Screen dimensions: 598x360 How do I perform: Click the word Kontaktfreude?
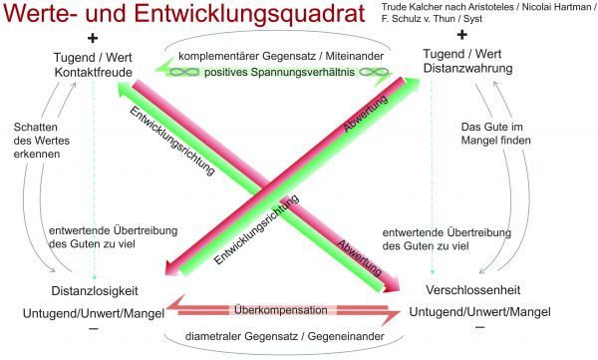pos(93,72)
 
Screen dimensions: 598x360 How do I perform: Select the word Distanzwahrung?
pos(468,69)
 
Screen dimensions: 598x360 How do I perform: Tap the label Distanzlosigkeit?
pos(95,291)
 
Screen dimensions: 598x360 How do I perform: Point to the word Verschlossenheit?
pos(472,290)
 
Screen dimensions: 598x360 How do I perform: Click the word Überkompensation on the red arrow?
pos(281,309)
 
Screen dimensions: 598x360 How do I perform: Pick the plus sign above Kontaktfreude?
pos(93,38)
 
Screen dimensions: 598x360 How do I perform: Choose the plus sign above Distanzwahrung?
pos(461,35)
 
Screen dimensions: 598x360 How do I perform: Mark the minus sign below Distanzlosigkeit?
pos(94,328)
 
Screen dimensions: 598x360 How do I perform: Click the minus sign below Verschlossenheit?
pos(480,327)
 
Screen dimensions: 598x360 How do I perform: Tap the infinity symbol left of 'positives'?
pos(184,72)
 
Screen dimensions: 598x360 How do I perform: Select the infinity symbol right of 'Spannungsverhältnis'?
pos(374,72)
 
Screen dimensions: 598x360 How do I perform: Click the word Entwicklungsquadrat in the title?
pos(250,13)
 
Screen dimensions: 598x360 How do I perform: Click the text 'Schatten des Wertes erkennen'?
pos(42,141)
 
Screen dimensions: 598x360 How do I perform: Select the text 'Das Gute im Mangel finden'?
pos(495,134)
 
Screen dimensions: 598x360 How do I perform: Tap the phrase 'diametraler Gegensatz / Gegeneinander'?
pos(284,336)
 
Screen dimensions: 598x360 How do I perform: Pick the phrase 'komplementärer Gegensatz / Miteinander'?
pos(281,56)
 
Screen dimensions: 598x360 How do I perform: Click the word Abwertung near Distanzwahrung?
pos(366,114)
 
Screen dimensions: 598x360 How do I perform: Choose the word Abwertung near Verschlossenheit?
pos(359,257)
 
